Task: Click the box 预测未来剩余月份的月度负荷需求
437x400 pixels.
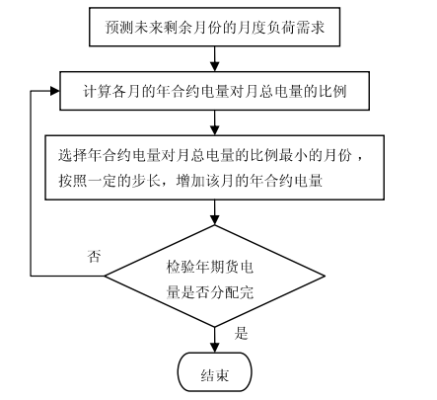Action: (x=214, y=27)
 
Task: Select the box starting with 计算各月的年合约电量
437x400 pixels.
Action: (x=214, y=91)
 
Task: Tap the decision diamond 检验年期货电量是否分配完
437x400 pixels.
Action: (x=214, y=276)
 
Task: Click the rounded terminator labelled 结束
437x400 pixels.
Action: (x=214, y=372)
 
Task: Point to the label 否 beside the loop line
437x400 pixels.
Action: (x=94, y=256)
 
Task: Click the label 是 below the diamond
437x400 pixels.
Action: (x=241, y=333)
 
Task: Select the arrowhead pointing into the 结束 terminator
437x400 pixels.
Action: (x=214, y=348)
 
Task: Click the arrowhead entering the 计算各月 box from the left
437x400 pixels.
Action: (x=55, y=91)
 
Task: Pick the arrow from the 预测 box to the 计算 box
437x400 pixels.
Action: (x=214, y=59)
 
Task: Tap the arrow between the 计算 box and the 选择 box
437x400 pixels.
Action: (x=214, y=122)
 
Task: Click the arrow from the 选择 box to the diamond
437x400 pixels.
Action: (x=214, y=212)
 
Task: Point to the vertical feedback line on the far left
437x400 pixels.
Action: (x=31, y=184)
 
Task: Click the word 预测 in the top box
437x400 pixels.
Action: (x=112, y=28)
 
